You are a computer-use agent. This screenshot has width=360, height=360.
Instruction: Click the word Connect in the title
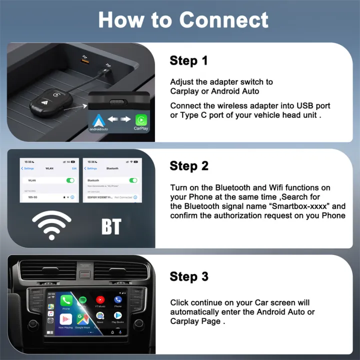coord(223,20)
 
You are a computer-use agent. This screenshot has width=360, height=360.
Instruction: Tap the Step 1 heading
coord(188,61)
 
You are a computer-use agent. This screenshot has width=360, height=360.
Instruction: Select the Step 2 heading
coord(189,166)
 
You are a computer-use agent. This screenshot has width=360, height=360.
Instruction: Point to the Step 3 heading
coord(189,276)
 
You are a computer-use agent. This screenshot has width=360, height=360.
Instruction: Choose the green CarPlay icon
coord(141,120)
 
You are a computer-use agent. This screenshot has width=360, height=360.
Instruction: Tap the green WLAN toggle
coord(70,180)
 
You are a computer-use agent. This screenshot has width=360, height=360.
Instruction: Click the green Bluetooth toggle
coord(133,180)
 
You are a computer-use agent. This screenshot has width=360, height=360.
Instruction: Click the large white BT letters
coord(111,226)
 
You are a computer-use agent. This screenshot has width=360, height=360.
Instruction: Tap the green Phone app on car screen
coord(66,300)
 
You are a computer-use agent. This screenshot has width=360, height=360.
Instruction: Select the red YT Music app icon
coord(100,300)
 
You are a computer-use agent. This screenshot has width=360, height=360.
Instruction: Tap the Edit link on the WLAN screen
coord(74,168)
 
